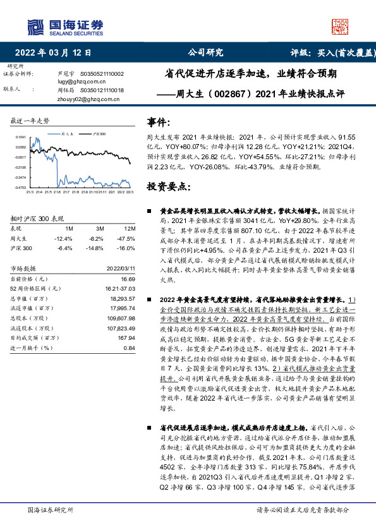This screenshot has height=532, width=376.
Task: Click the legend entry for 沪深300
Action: [x=99, y=134]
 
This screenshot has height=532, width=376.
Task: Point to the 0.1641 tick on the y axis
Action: [x=20, y=137]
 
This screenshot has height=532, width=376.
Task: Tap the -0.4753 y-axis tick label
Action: [x=20, y=188]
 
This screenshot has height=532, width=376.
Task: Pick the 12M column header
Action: [x=130, y=227]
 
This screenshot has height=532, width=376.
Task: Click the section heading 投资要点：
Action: [x=169, y=188]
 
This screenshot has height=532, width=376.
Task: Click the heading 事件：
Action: [x=159, y=121]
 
